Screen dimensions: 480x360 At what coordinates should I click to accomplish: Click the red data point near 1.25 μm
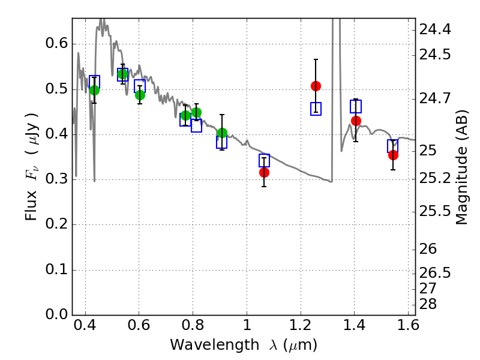click(316, 86)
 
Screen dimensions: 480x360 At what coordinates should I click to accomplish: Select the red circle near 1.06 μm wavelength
click(264, 172)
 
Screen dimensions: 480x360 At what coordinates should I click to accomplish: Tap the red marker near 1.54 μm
click(393, 155)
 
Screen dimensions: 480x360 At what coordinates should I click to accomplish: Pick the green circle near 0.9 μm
click(222, 133)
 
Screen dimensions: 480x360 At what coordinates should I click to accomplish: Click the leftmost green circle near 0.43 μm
click(94, 91)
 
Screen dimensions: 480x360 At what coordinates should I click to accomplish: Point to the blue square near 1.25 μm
click(316, 109)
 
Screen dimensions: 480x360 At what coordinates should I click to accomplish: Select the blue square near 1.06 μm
click(264, 160)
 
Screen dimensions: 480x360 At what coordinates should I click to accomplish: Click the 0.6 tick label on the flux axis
click(56, 43)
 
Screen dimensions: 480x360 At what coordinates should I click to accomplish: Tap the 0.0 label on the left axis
click(56, 314)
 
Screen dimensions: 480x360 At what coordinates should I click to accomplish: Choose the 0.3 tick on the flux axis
click(56, 179)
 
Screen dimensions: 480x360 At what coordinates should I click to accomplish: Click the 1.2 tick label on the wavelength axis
click(301, 325)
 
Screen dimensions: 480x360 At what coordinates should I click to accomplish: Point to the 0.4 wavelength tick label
click(85, 325)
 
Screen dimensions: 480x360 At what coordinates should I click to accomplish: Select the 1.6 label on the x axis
click(408, 325)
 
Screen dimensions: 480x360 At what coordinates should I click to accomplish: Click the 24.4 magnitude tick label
click(434, 29)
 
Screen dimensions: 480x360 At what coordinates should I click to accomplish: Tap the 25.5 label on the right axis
click(434, 211)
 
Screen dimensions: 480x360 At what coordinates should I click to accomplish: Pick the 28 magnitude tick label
click(428, 304)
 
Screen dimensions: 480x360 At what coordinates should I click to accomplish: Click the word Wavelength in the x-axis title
click(214, 345)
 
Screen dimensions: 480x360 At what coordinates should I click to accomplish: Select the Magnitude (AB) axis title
click(462, 167)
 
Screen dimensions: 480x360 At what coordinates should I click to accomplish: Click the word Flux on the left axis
click(31, 206)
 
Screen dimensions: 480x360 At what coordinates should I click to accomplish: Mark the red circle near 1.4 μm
click(356, 121)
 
